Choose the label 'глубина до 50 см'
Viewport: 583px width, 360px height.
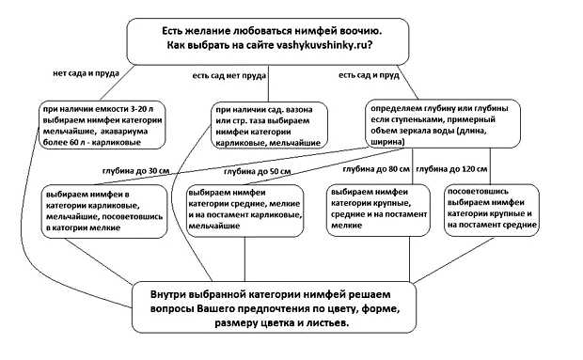[257, 173]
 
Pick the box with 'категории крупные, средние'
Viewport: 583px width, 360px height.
[372, 208]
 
